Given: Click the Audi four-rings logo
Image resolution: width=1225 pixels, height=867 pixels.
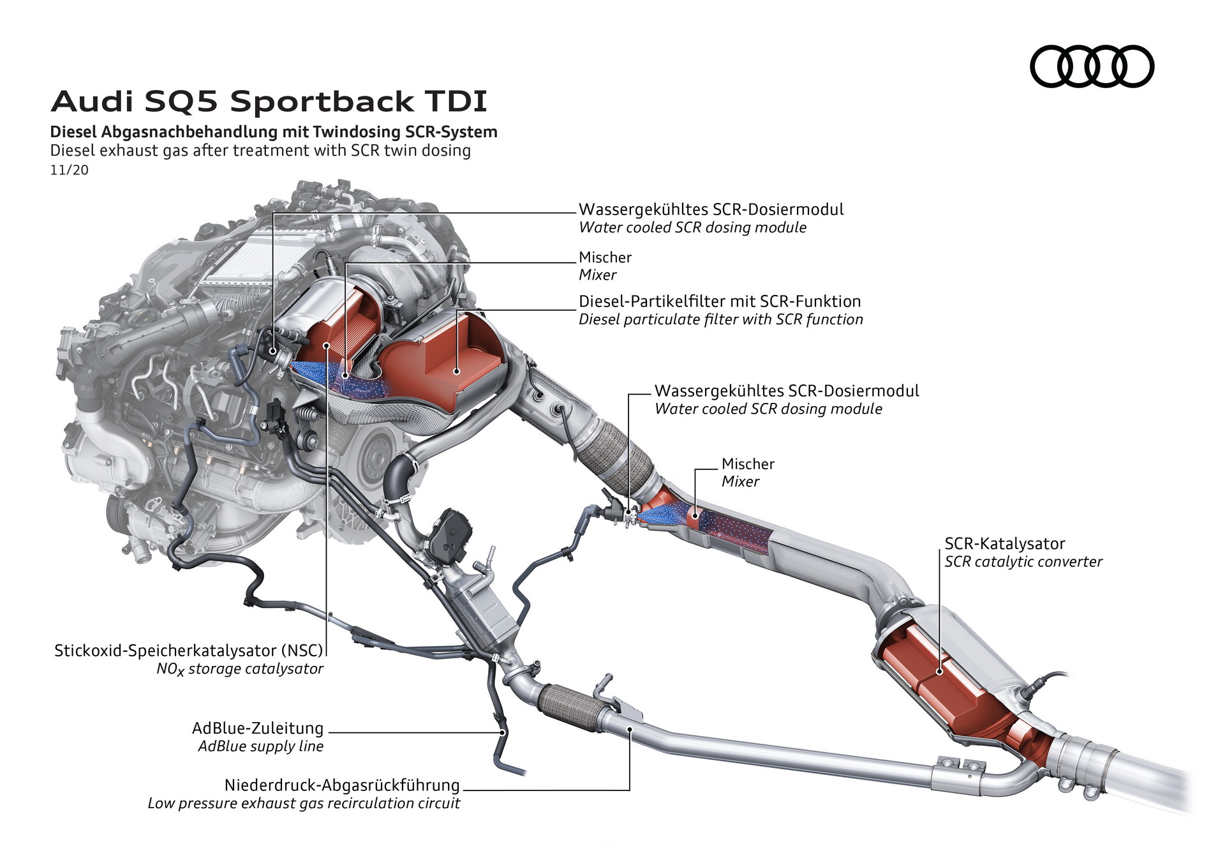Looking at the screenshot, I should (1092, 66).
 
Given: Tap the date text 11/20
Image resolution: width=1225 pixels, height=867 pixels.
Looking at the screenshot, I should (69, 170).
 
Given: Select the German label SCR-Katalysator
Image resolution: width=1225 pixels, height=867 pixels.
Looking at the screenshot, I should (1004, 543).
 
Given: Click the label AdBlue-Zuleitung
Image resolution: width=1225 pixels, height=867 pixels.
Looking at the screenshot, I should (258, 728).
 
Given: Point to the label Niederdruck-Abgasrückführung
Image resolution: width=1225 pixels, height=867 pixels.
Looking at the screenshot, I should (342, 785).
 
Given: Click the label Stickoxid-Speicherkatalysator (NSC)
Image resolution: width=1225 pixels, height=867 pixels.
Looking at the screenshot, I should (189, 650).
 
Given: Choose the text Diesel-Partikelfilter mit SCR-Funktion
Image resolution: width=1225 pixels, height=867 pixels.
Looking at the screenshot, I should (719, 301).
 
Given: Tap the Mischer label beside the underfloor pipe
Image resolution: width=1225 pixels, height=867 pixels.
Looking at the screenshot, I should (748, 464).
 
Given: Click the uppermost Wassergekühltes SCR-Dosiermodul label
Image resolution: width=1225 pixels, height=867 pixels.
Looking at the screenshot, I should (711, 209).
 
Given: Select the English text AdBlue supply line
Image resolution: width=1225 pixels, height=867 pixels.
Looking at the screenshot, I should (260, 746).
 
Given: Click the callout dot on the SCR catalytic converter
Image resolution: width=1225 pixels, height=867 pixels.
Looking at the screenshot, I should (939, 671).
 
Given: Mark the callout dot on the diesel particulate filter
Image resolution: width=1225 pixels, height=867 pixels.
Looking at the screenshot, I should (457, 370).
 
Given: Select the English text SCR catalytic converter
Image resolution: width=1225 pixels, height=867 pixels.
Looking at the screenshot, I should (1023, 561).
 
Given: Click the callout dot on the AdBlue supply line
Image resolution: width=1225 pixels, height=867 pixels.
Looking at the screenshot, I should (503, 732).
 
